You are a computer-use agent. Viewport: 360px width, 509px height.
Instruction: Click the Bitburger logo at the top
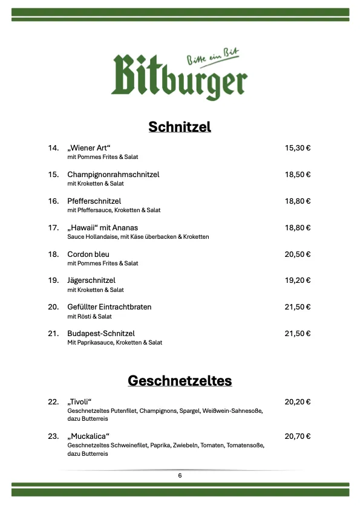179,77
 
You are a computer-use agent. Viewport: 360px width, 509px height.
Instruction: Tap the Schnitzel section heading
180,127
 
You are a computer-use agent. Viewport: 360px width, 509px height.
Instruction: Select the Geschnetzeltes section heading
180,381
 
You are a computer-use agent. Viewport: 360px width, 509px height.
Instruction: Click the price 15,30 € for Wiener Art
297,148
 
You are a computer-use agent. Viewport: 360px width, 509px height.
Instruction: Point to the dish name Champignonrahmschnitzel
113,174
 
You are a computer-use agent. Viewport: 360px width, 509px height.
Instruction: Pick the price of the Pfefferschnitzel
297,201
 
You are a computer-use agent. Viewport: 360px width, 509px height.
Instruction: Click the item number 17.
53,227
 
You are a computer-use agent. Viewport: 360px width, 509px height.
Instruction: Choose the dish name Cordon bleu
88,254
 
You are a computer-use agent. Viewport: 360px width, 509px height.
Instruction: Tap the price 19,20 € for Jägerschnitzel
297,280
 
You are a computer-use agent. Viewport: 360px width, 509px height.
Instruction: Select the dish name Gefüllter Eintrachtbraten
109,307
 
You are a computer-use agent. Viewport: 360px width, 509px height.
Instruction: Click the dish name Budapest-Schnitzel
101,334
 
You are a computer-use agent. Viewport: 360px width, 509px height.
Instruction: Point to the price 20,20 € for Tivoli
297,401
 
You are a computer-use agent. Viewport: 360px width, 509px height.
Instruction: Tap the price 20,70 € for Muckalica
297,436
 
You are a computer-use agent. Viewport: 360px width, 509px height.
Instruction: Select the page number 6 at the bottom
180,475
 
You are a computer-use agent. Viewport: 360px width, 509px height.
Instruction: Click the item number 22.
53,401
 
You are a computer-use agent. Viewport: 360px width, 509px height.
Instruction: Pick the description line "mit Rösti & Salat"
90,316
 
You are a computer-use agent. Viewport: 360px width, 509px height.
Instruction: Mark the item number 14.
53,148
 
